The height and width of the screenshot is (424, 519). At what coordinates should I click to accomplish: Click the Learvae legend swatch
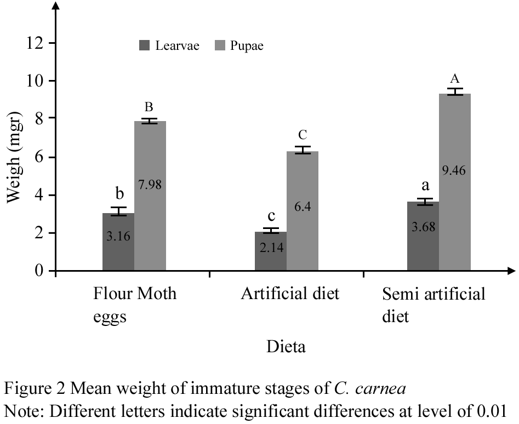click(145, 46)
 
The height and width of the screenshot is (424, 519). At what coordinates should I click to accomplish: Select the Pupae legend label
click(247, 46)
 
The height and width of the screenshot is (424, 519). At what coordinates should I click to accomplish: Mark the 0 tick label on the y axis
click(39, 271)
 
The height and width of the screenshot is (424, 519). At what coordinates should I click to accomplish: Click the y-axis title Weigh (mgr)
click(15, 156)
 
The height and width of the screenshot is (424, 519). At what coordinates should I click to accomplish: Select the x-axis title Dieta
click(286, 347)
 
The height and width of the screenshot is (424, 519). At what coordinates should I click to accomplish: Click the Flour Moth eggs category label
click(135, 305)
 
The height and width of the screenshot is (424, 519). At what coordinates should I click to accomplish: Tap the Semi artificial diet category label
click(434, 305)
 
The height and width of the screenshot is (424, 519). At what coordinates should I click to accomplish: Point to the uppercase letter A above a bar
click(455, 79)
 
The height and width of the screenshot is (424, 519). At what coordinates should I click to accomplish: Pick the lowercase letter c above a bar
click(271, 216)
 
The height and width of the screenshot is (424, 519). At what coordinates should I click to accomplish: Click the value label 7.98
click(150, 185)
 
